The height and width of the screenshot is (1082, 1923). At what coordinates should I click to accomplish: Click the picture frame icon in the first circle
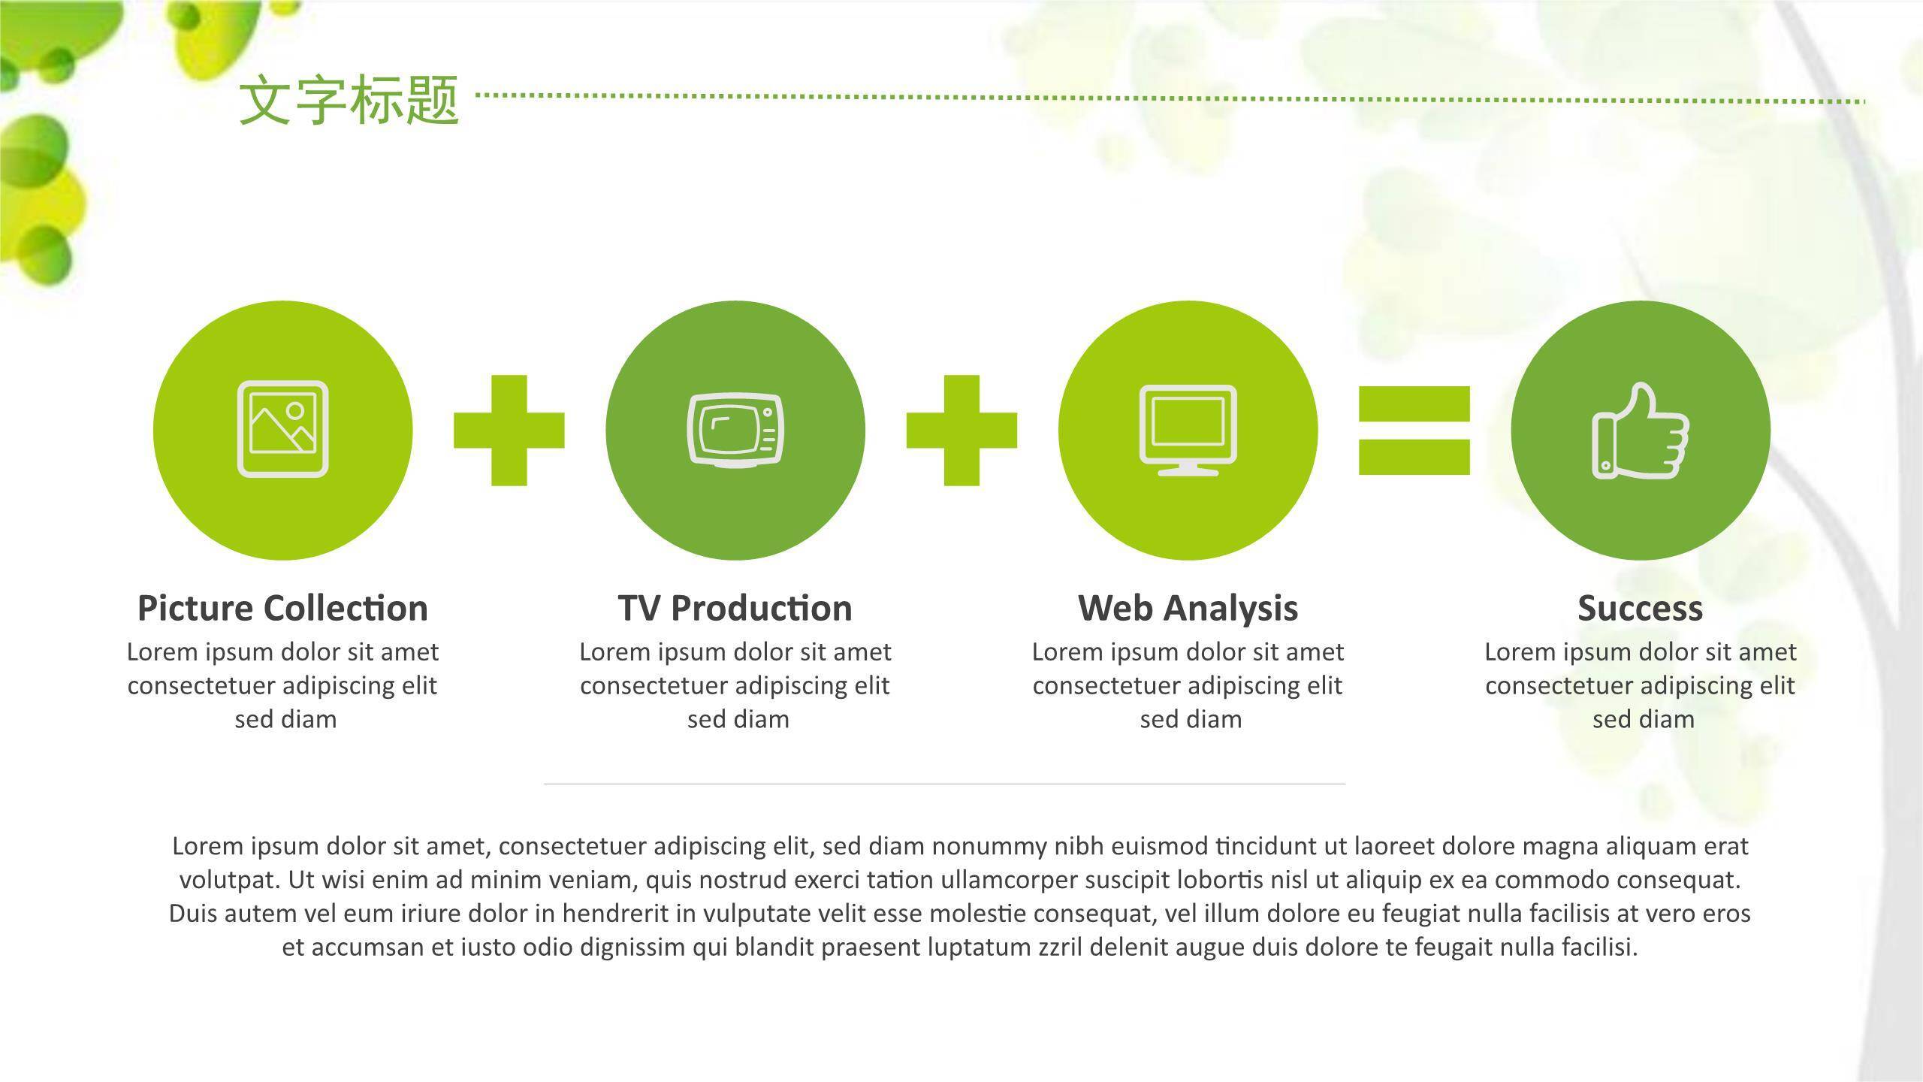coord(282,429)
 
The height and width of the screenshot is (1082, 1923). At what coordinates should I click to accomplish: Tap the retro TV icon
coord(735,431)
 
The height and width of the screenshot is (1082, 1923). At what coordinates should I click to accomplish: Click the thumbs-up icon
coord(1641,431)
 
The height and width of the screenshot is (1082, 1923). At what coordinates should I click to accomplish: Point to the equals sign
coord(1414,431)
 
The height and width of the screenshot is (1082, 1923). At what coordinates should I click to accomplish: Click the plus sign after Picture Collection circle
coord(509,431)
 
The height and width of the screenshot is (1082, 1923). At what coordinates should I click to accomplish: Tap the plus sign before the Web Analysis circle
coord(961,431)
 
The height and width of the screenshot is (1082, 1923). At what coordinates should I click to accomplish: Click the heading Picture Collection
coord(282,608)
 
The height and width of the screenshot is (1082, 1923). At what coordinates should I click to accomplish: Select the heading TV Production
coord(735,608)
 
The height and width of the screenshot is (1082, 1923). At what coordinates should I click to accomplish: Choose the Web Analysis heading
coord(1188,608)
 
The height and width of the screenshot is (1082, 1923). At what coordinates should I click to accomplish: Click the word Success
coord(1640,608)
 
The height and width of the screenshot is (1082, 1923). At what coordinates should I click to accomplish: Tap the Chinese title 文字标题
coord(349,100)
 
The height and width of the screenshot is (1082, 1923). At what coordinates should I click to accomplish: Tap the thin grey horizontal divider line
coord(944,784)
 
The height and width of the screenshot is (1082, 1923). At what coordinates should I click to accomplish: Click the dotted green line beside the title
coord(1171,98)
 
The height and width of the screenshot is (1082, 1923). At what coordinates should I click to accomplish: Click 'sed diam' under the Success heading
coord(1644,719)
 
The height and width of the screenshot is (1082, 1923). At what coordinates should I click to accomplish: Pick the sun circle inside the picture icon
coord(295,411)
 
